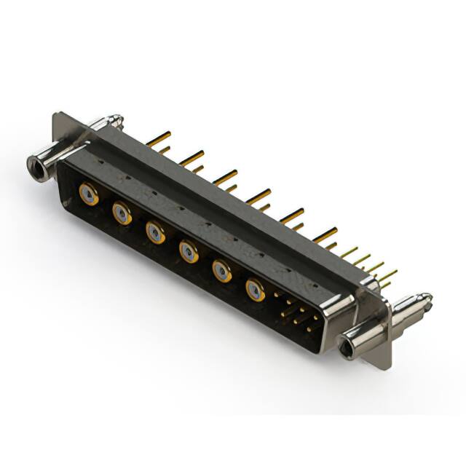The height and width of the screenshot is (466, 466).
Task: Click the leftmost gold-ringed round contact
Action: pyautogui.click(x=88, y=194)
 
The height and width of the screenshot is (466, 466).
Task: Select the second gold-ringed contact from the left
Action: pyautogui.click(x=122, y=213)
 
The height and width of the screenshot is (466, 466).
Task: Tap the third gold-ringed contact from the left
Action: pyautogui.click(x=155, y=232)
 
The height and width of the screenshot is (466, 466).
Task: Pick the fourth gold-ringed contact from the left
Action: pyautogui.click(x=189, y=251)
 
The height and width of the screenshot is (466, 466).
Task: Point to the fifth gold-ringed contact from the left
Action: pyautogui.click(x=222, y=271)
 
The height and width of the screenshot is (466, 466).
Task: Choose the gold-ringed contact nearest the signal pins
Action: pyautogui.click(x=255, y=290)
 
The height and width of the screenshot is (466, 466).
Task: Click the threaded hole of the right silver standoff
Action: pyautogui.click(x=349, y=344)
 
